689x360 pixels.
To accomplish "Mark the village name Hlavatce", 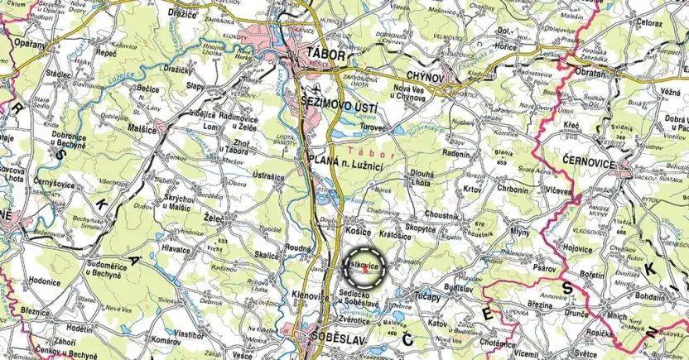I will coord(176,247).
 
